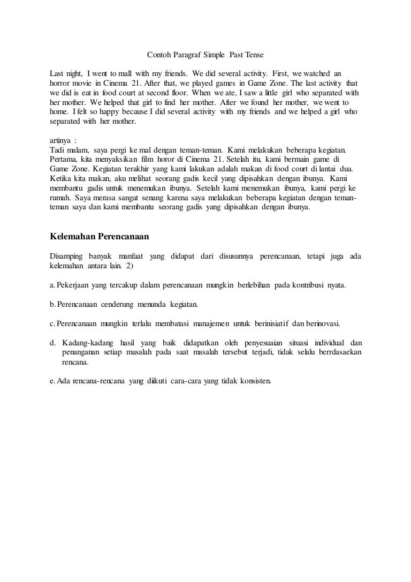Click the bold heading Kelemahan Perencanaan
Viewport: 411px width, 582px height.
(x=99, y=236)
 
